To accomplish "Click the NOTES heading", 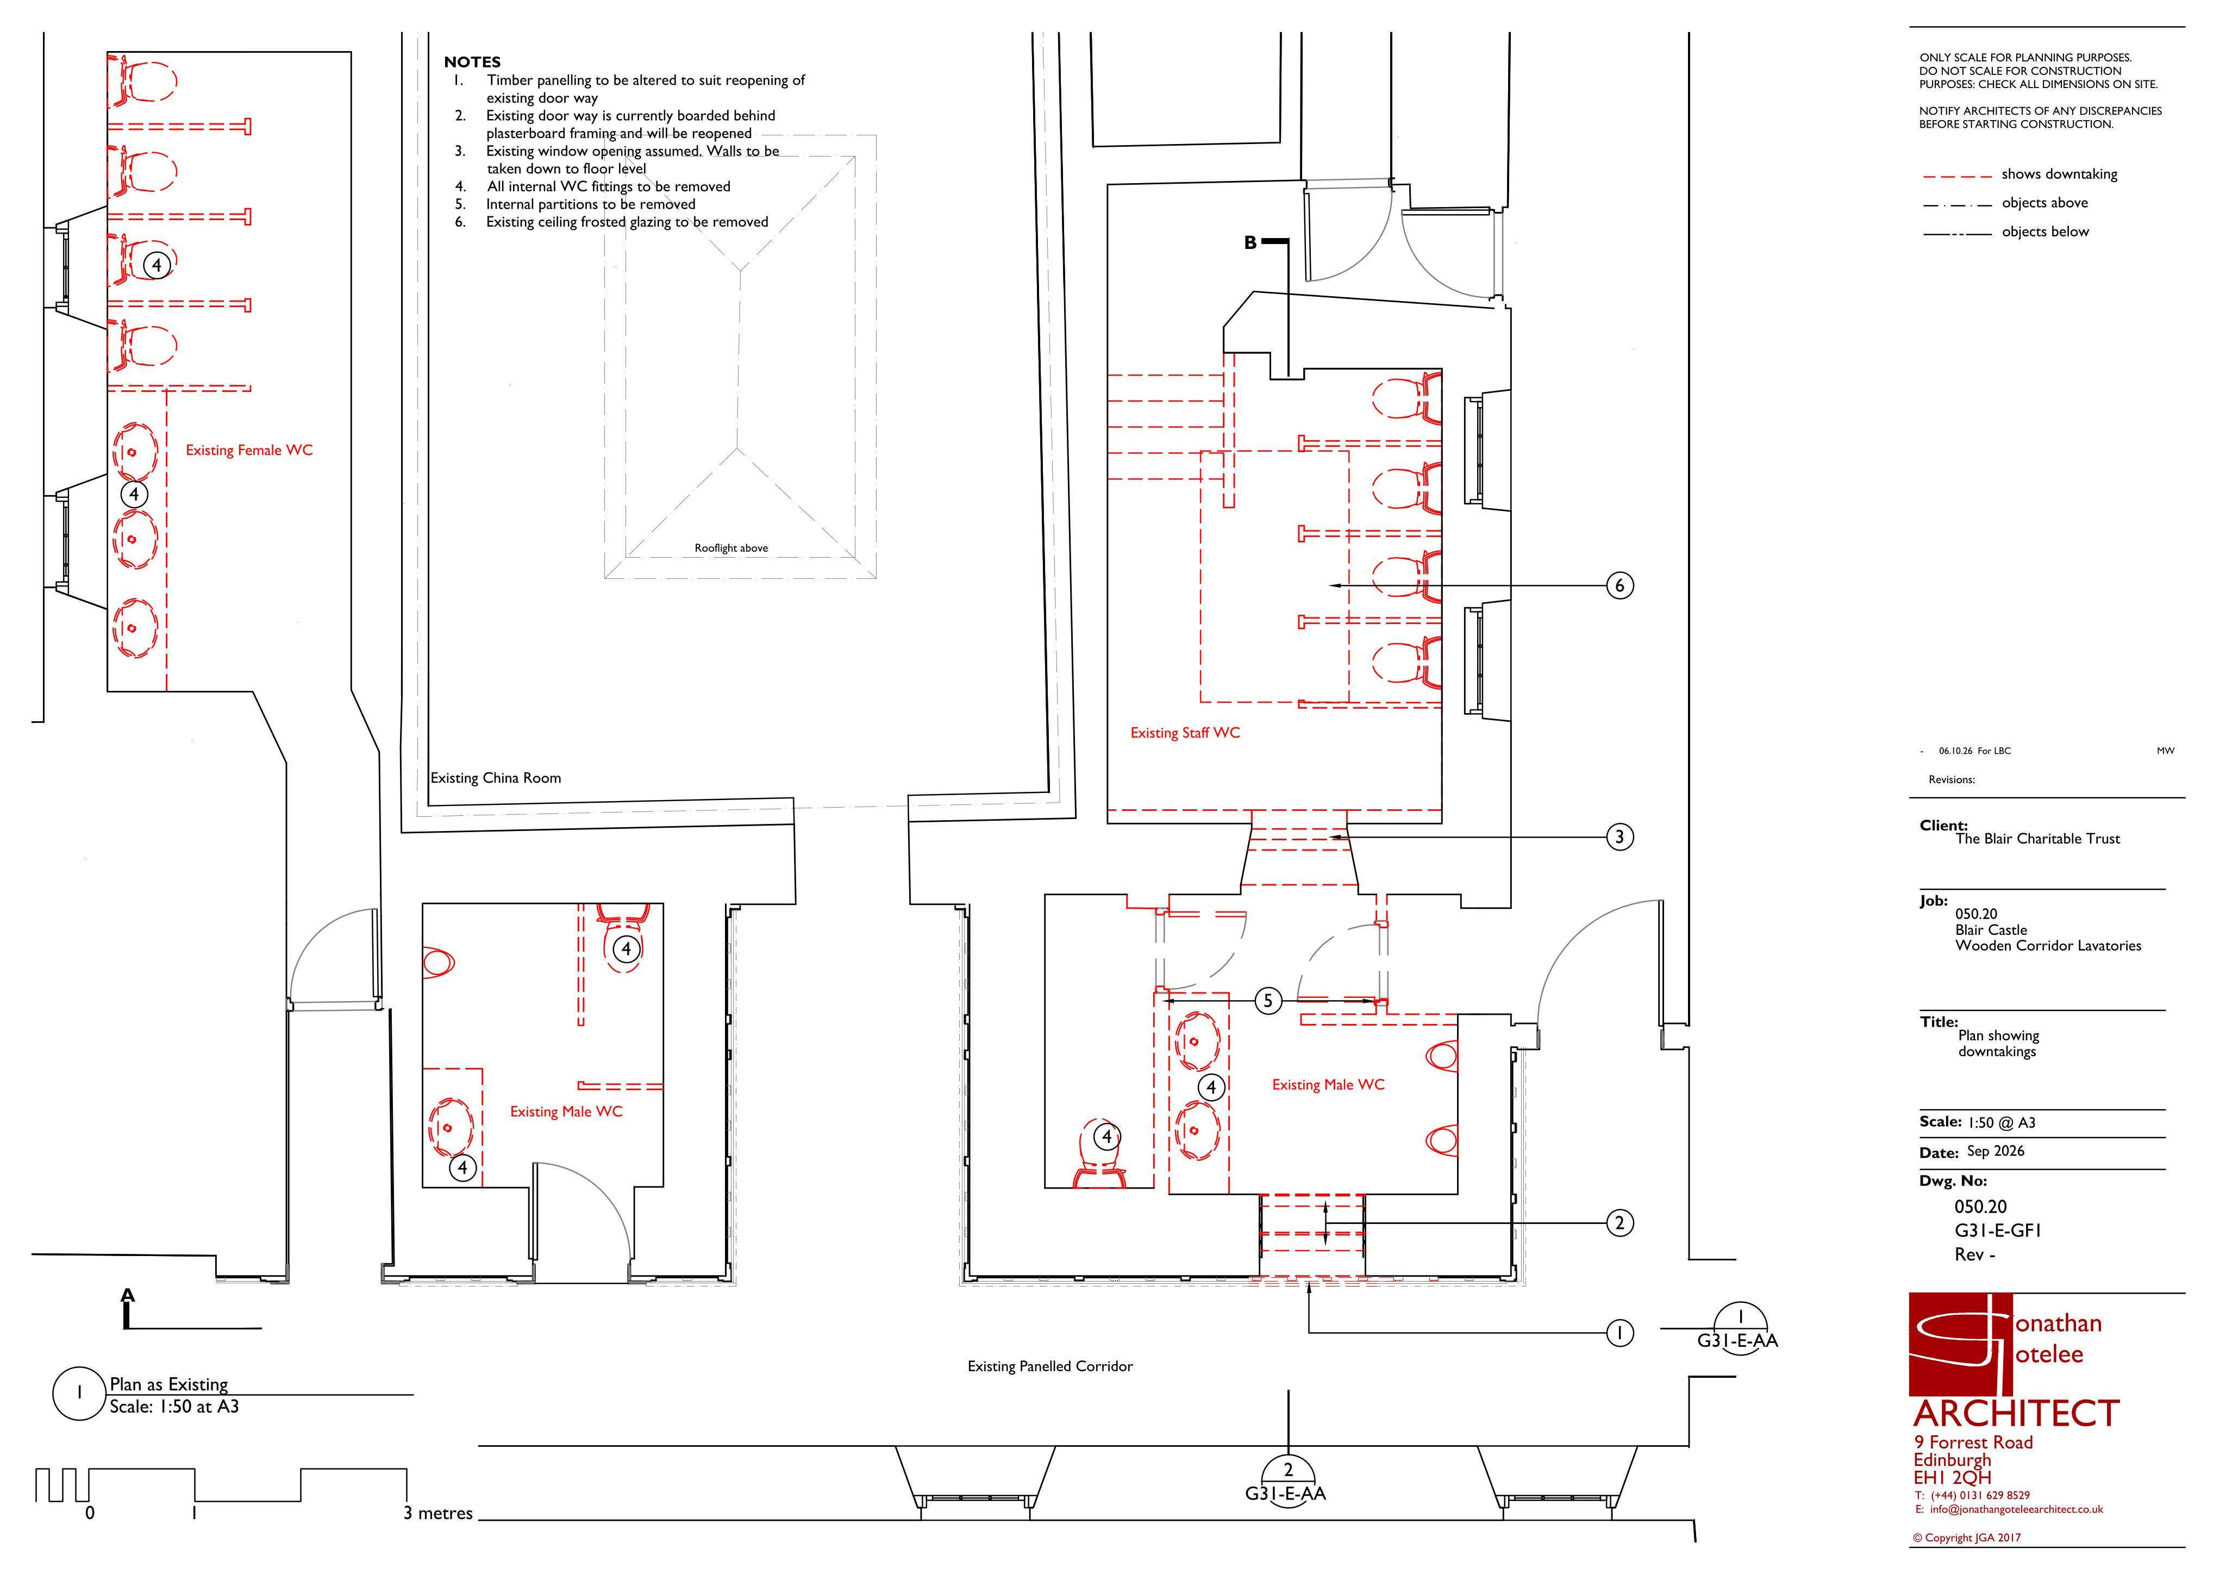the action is [472, 62].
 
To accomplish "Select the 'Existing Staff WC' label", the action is [1185, 733].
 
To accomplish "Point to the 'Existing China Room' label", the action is [496, 778].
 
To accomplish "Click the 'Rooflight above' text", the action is [731, 548].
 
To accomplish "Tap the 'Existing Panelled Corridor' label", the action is [1050, 1366].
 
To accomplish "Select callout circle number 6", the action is [1619, 586].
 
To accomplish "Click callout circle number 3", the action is [1619, 837].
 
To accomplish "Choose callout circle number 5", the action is [1268, 1001].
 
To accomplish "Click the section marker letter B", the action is [1250, 242].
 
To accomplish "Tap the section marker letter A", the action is [128, 1296].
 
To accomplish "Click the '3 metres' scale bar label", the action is [438, 1514].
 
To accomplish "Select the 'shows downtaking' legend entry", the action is [2059, 174].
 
